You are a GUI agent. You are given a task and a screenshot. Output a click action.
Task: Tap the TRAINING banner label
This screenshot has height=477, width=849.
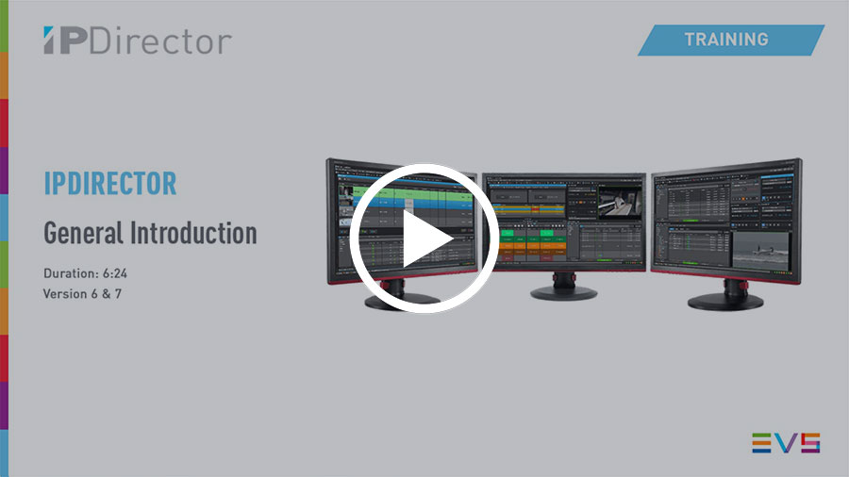pyautogui.click(x=726, y=40)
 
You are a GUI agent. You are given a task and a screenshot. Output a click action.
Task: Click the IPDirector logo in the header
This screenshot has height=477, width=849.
pyautogui.click(x=137, y=41)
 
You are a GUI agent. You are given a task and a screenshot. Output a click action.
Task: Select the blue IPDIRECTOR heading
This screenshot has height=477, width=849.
pyautogui.click(x=110, y=183)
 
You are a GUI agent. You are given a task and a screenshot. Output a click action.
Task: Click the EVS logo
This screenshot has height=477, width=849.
pyautogui.click(x=785, y=443)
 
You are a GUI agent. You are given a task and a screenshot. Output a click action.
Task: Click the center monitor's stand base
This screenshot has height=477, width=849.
pyautogui.click(x=563, y=293)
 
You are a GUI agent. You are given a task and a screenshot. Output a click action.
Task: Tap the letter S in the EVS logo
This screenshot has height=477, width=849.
pyautogui.click(x=808, y=443)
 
